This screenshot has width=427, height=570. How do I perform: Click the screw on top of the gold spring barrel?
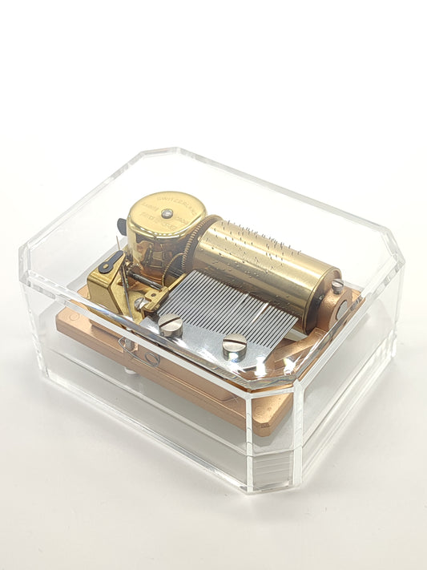coord(167,212)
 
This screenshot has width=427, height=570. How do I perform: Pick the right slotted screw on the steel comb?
coord(232,346)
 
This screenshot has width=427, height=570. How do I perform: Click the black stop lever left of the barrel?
coord(113,262)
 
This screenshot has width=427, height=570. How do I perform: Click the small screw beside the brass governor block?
coord(141,303)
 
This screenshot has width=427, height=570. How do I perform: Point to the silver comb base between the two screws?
coord(200,337)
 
